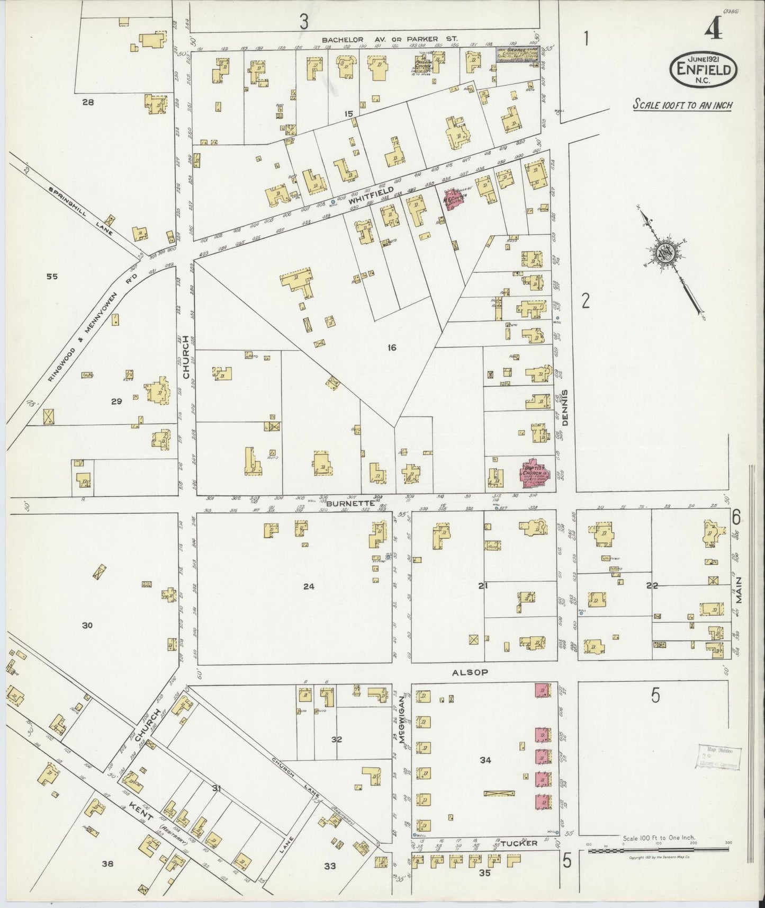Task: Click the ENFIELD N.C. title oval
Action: point(704,69)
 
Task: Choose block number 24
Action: point(309,586)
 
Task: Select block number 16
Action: point(391,348)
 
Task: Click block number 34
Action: point(485,760)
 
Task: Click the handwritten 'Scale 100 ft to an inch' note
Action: point(682,104)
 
